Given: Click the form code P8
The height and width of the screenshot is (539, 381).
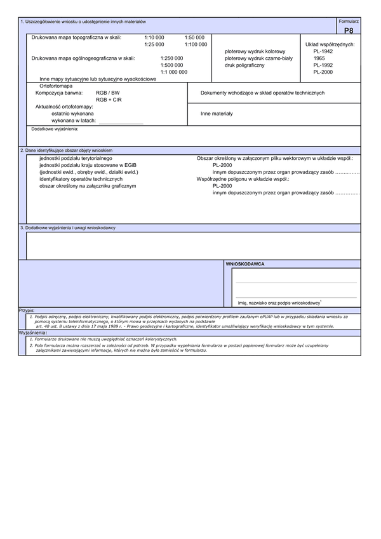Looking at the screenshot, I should pos(349,30).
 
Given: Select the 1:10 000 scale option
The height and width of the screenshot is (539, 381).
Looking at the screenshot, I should pos(154,38).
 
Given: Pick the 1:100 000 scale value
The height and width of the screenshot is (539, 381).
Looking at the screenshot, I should pos(196,44).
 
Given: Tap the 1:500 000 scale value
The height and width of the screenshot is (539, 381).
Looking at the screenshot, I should pos(171,65).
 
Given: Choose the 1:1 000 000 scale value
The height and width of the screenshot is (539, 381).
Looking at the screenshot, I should pos(173,72).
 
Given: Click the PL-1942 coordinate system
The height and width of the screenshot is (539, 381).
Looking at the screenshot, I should pos(323,51).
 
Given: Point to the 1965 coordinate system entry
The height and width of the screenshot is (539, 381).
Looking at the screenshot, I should pos(319,58).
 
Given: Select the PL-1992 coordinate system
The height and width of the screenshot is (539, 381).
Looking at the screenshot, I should pos(323,65).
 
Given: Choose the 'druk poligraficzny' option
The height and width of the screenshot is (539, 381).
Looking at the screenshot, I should pos(244,65).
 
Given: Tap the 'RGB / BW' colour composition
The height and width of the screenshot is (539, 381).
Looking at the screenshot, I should pos(108,93).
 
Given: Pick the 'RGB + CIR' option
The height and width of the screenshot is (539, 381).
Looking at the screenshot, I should pos(109,100).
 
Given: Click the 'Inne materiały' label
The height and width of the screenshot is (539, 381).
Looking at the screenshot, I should pos(217,114).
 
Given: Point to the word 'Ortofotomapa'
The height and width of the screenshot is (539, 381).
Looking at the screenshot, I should pos(57,85).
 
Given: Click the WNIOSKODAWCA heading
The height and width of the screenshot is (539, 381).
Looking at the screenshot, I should pos(246,263).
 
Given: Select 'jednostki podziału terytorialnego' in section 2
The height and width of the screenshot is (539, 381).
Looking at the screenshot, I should pos(76,157).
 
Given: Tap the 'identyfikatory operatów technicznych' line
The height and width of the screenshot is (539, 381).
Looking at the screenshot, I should pos(80,179).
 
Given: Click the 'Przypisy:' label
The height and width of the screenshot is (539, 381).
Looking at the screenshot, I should pos(27,311).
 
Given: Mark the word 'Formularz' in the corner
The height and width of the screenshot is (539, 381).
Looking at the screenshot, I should pos(349,22).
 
